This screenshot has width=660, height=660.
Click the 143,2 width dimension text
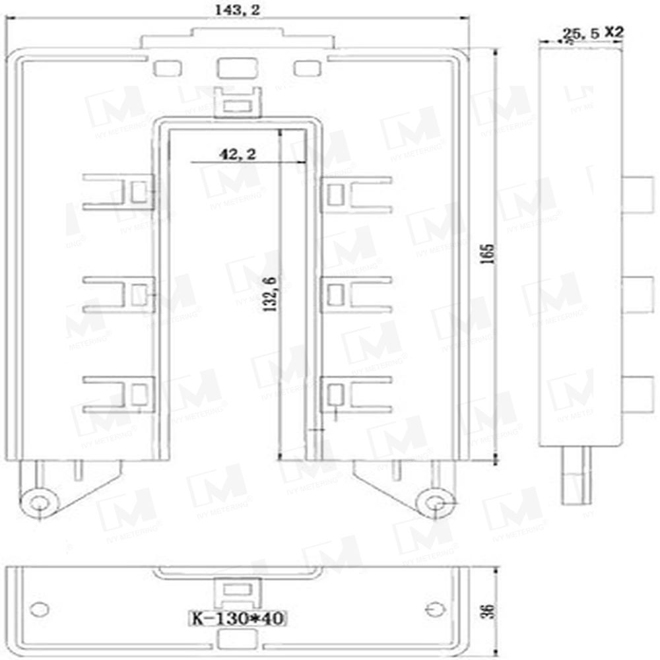236,10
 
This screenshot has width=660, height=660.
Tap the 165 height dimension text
488,254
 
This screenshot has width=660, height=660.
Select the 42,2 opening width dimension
238,154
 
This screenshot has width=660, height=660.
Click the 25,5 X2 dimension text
591,32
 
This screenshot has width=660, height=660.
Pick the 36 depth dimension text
488,610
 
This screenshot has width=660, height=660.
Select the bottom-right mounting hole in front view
434,503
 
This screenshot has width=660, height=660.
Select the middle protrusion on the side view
636,293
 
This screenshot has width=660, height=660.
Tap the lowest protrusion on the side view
636,392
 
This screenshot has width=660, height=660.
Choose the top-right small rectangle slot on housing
306,68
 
